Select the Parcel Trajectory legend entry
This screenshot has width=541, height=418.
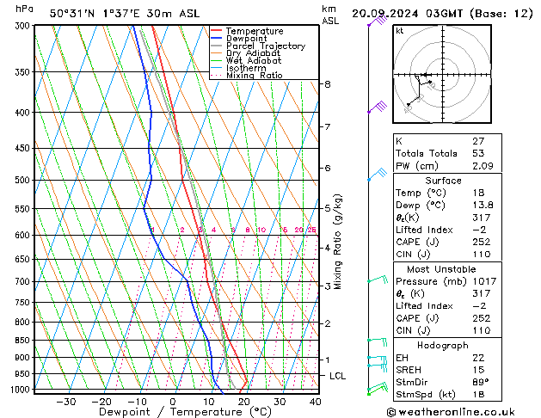click(x=265, y=46)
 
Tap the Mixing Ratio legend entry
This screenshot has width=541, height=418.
click(x=256, y=76)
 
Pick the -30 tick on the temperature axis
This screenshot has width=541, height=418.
click(x=65, y=402)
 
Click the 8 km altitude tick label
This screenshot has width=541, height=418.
click(x=328, y=84)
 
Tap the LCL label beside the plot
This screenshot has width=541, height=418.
click(x=338, y=376)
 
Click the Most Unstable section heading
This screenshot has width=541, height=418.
click(x=443, y=268)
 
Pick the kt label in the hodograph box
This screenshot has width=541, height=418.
click(x=400, y=31)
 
